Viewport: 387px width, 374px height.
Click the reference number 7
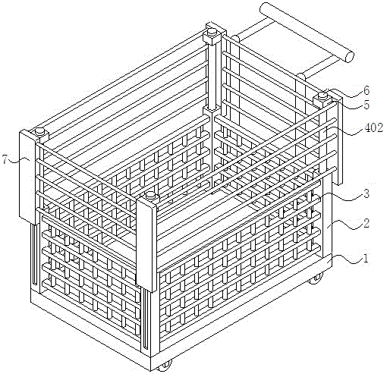pos(5,159)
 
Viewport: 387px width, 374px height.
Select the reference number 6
pos(366,90)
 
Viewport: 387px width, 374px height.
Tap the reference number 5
pos(367,105)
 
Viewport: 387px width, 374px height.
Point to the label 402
pos(373,128)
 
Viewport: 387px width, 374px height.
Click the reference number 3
pos(367,193)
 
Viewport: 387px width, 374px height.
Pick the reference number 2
pos(366,223)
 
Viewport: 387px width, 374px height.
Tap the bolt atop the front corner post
pos(151,195)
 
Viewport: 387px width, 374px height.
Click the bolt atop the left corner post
pos(39,131)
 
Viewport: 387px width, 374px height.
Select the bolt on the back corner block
pos(212,32)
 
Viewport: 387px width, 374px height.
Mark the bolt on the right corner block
pos(322,96)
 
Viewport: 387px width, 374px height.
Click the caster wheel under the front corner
pos(165,366)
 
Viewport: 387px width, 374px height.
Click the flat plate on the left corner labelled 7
pos(27,177)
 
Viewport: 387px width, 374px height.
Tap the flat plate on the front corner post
pos(146,244)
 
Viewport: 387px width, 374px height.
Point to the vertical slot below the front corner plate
pos(145,320)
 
